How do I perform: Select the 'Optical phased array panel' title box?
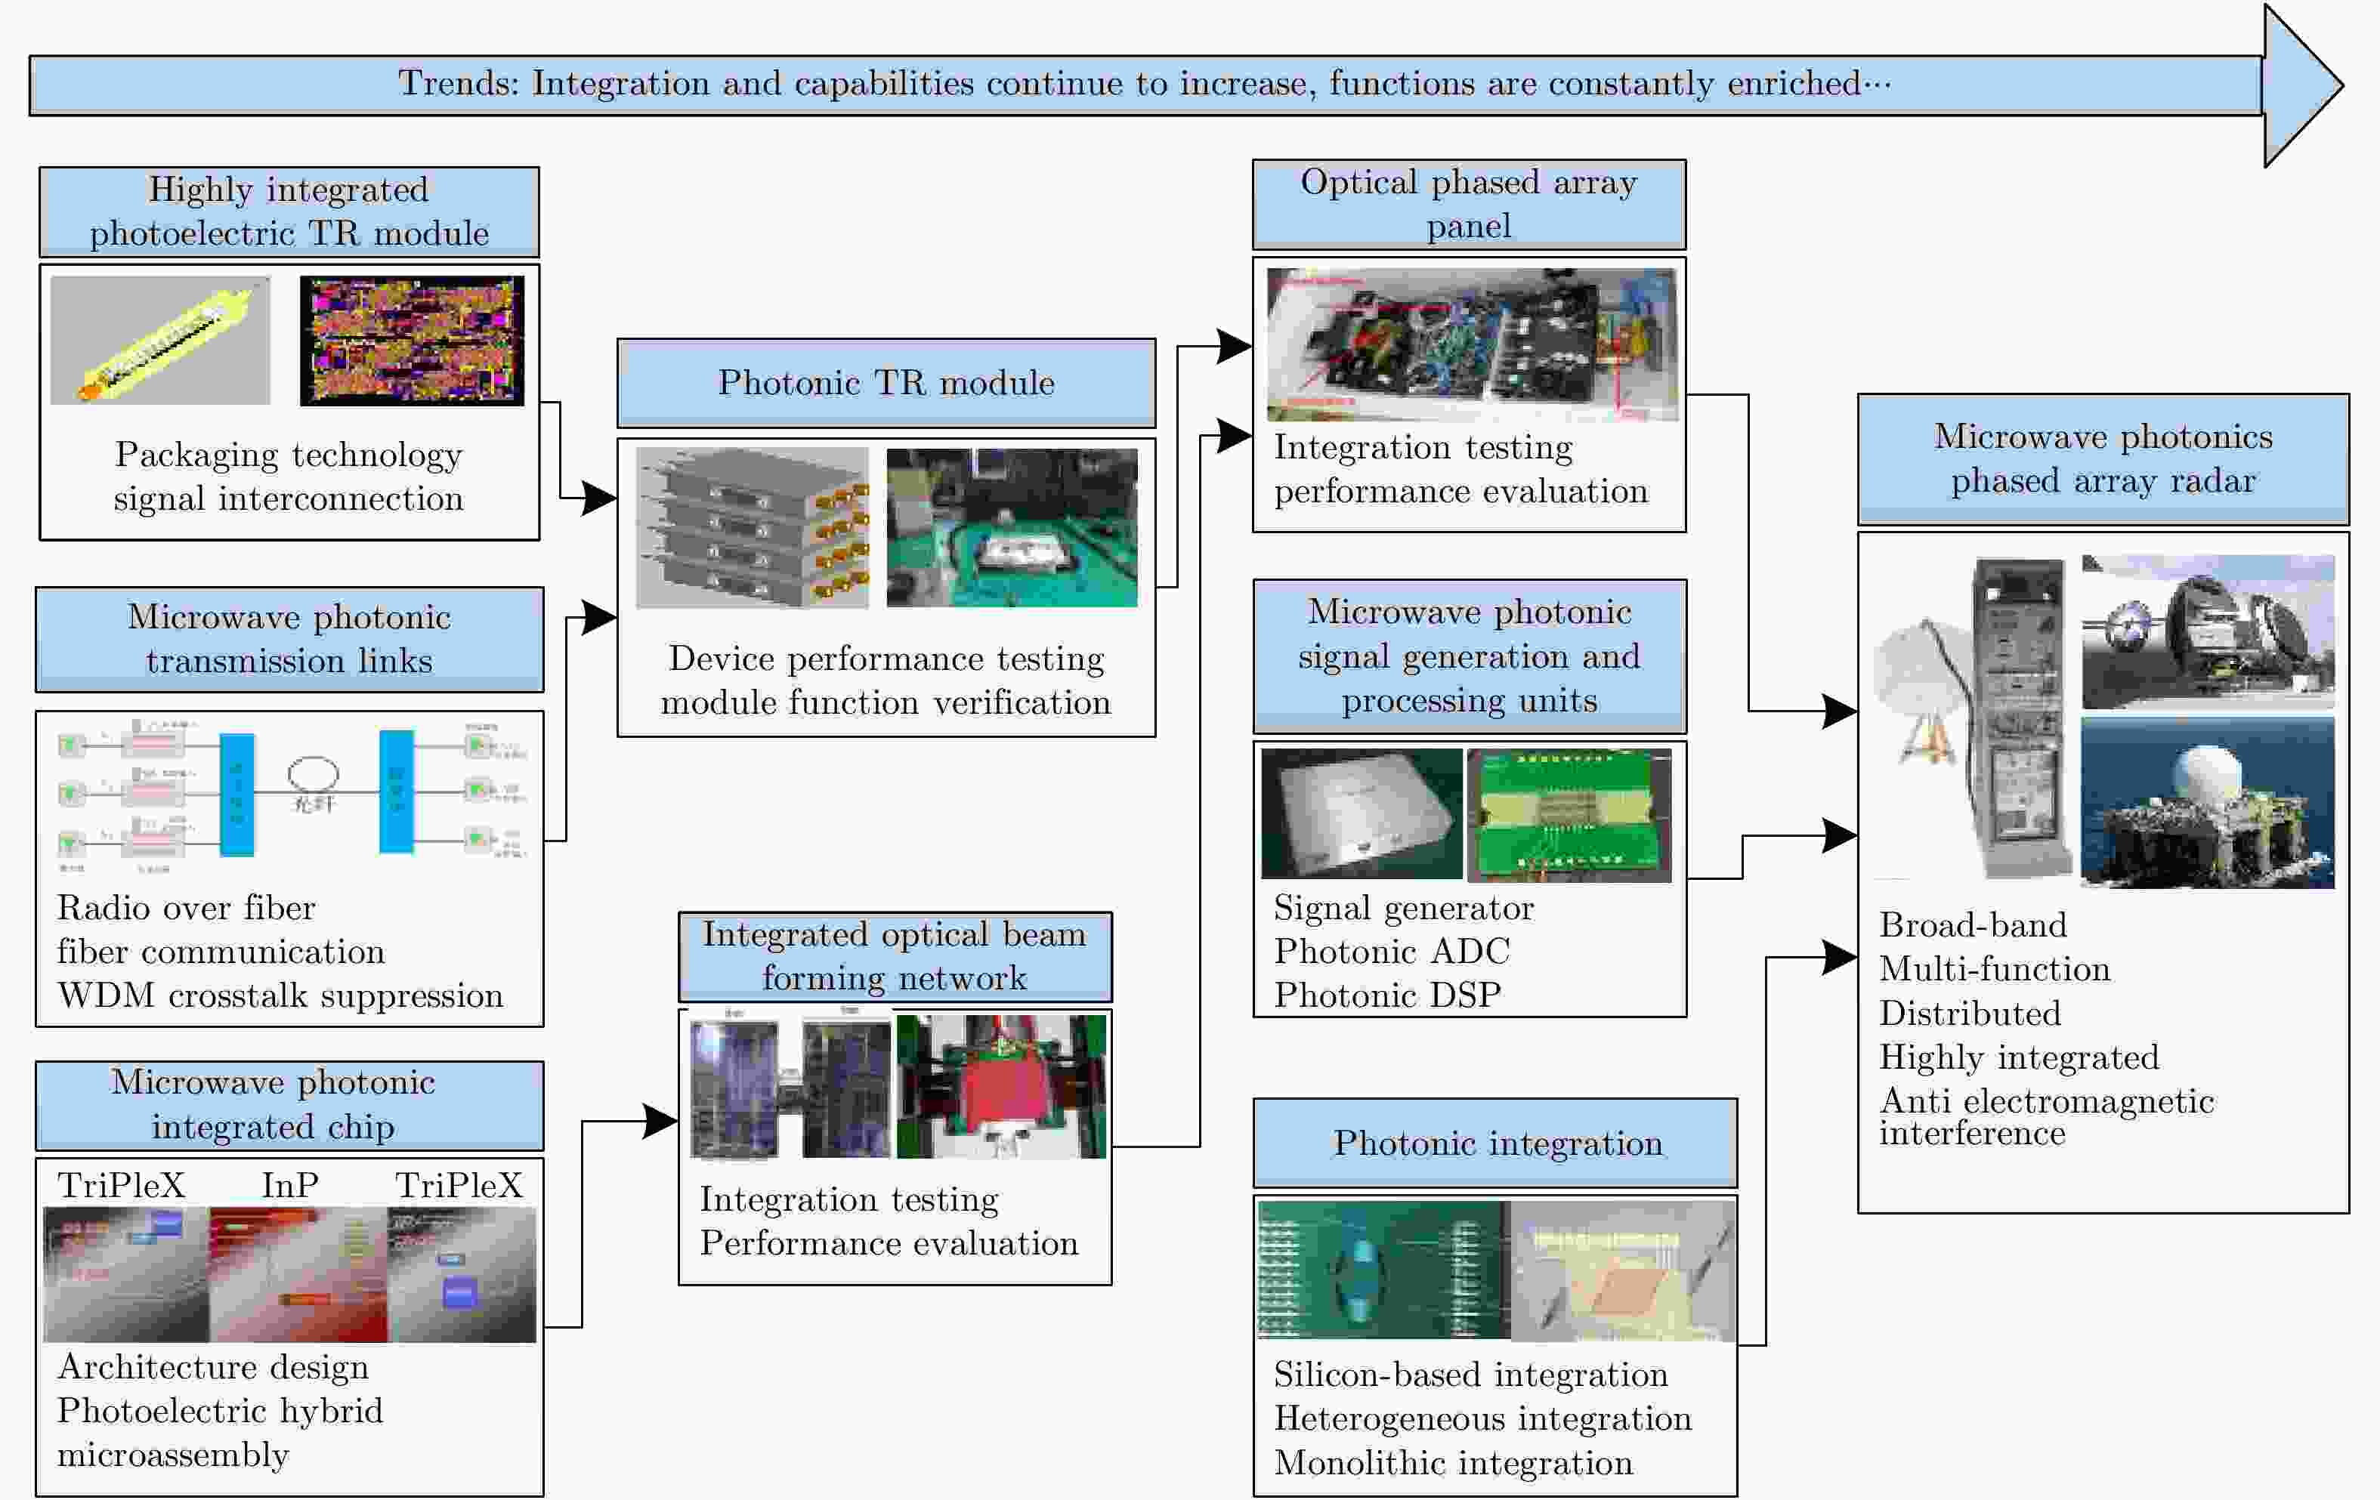pyautogui.click(x=1469, y=205)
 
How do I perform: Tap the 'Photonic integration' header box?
pyautogui.click(x=1495, y=1144)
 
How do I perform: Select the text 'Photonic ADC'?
pyautogui.click(x=1392, y=952)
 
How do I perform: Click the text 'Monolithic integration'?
pyautogui.click(x=1453, y=1462)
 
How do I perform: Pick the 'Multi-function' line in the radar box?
pyautogui.click(x=1995, y=969)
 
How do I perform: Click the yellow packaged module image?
pyautogui.click(x=160, y=341)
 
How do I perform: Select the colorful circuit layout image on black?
pyautogui.click(x=412, y=341)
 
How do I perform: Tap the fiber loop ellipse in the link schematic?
pyautogui.click(x=314, y=773)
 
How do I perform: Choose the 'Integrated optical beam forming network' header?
pyautogui.click(x=895, y=956)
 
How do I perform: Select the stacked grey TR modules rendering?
pyautogui.click(x=752, y=529)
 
